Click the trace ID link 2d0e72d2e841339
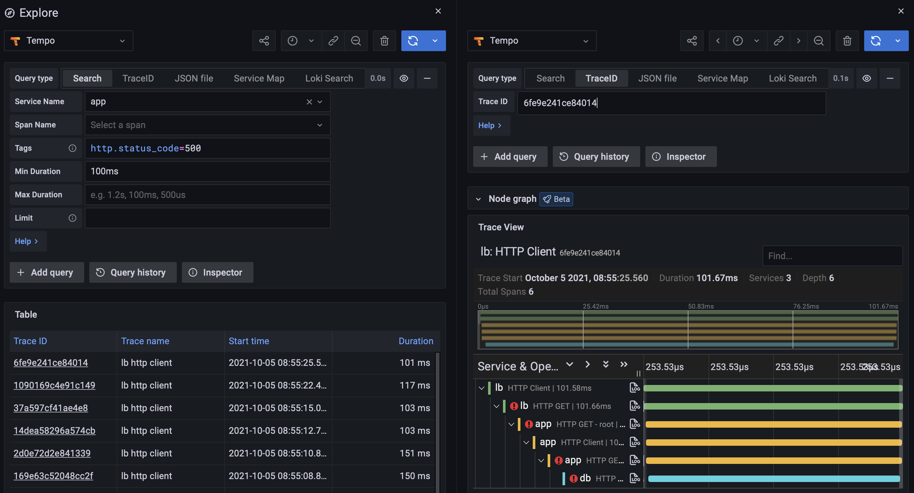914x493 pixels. click(52, 453)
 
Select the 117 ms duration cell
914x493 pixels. click(414, 385)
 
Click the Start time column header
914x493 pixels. click(248, 341)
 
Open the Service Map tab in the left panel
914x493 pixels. click(259, 78)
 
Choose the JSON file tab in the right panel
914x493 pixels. click(657, 78)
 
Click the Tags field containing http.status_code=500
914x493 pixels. click(207, 148)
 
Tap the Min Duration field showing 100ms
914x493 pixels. click(207, 171)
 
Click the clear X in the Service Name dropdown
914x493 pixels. click(309, 102)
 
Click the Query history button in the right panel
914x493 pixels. click(596, 157)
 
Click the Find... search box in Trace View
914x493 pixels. click(832, 256)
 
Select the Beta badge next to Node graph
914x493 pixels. click(556, 199)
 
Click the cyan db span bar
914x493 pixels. click(774, 478)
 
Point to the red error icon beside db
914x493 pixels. click(573, 478)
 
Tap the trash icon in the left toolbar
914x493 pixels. click(384, 41)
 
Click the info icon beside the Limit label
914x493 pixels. click(72, 218)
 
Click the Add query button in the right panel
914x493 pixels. click(510, 157)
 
